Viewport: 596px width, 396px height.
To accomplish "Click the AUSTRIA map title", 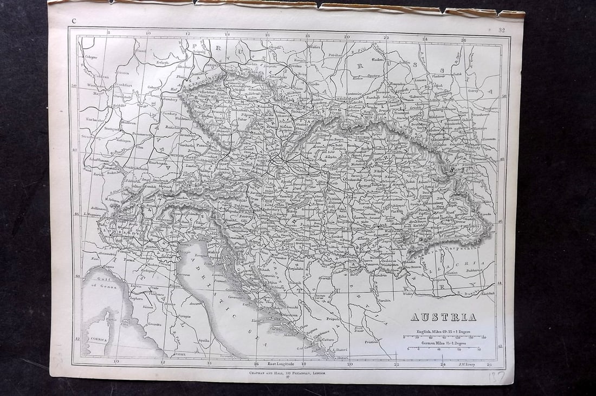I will [443, 317].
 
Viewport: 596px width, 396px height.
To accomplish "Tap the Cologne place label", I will [90, 56].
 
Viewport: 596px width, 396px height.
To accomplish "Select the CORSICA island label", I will [98, 339].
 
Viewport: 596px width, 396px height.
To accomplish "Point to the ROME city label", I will [179, 354].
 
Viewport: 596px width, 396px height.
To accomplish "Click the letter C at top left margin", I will [73, 22].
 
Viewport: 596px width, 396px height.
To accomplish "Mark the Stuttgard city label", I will [112, 129].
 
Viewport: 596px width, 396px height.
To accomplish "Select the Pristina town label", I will [371, 342].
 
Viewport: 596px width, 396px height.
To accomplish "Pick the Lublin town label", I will [404, 61].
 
